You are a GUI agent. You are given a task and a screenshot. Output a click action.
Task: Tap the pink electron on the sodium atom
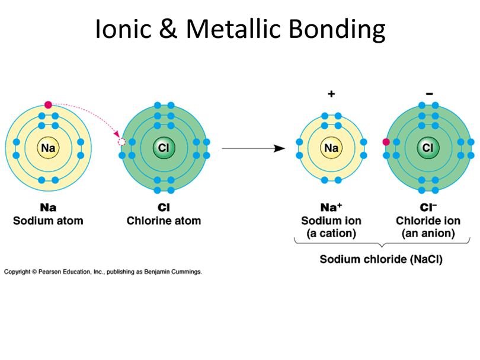pyautogui.click(x=48, y=105)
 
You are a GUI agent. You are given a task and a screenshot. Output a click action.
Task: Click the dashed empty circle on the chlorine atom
pyautogui.click(x=121, y=142)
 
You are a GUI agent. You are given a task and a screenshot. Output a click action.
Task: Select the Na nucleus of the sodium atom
pyautogui.click(x=48, y=148)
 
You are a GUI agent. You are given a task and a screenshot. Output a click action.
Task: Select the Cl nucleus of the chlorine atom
pyautogui.click(x=164, y=148)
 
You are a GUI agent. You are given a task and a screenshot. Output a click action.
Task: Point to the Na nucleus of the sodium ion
pyautogui.click(x=331, y=148)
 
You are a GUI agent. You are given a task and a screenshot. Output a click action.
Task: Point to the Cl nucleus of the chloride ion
pyautogui.click(x=428, y=148)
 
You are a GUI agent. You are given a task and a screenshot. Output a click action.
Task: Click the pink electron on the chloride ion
pyautogui.click(x=386, y=142)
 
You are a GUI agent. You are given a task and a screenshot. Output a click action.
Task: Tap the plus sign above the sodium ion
pyautogui.click(x=331, y=94)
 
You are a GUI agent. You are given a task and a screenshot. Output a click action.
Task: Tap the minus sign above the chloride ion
pyautogui.click(x=430, y=94)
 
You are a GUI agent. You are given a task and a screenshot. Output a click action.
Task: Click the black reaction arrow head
pyautogui.click(x=279, y=148)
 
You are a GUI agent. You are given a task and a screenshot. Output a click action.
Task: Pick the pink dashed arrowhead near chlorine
pyautogui.click(x=117, y=134)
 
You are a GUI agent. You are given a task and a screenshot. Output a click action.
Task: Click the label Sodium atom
pyautogui.click(x=48, y=221)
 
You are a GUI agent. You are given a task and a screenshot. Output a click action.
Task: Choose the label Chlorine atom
pyautogui.click(x=164, y=221)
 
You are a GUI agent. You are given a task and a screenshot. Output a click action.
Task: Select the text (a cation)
pyautogui.click(x=331, y=234)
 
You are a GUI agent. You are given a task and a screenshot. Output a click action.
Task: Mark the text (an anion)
pyautogui.click(x=428, y=234)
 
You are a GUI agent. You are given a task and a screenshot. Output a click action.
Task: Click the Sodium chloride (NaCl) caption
pyautogui.click(x=381, y=260)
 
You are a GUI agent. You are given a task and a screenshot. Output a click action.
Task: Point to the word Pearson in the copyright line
pyautogui.click(x=50, y=272)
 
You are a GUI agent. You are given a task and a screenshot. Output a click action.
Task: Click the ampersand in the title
pyautogui.click(x=168, y=29)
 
